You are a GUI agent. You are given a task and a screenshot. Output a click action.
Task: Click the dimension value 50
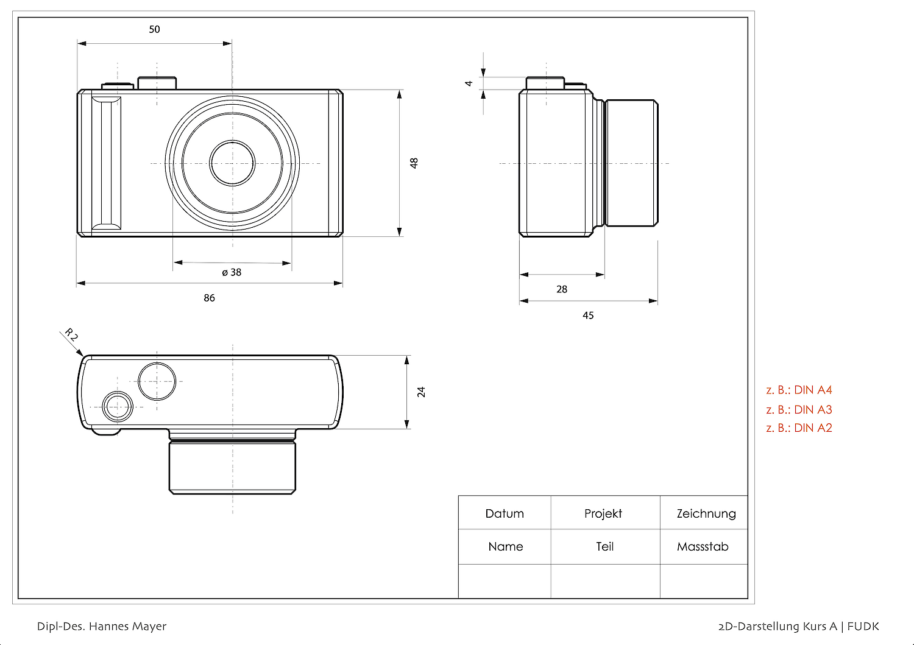[x=154, y=29]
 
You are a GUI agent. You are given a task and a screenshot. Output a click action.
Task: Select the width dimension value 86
[x=209, y=298]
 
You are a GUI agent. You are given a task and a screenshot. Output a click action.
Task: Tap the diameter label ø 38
[x=232, y=272]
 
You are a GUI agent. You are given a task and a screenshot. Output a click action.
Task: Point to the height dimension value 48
[x=414, y=163]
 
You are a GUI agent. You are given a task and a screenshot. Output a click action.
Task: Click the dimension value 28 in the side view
[x=562, y=289]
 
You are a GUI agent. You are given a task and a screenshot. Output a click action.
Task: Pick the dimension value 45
[x=588, y=315]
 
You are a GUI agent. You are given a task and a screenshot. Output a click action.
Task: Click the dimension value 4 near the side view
[x=469, y=83]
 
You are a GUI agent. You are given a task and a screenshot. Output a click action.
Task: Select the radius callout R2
[x=71, y=335]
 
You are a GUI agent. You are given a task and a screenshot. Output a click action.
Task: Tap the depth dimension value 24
[x=421, y=392]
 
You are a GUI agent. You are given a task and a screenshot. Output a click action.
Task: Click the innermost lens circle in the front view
[x=232, y=163]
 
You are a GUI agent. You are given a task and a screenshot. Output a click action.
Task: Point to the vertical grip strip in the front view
[x=106, y=163]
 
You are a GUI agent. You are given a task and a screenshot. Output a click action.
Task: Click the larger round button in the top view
[x=157, y=381]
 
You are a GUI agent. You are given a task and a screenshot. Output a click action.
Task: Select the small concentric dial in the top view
[x=118, y=406]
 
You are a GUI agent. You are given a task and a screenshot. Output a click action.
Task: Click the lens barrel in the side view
[x=632, y=163]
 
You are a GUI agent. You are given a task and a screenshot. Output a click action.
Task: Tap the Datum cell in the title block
[x=505, y=513]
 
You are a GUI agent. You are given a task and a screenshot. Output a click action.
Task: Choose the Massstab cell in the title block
[x=703, y=546]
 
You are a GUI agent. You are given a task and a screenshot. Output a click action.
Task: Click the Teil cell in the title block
[x=604, y=546]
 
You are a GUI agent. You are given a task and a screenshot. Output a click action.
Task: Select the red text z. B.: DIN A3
[x=799, y=409]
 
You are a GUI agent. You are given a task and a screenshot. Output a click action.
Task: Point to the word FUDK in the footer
[x=863, y=626]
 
